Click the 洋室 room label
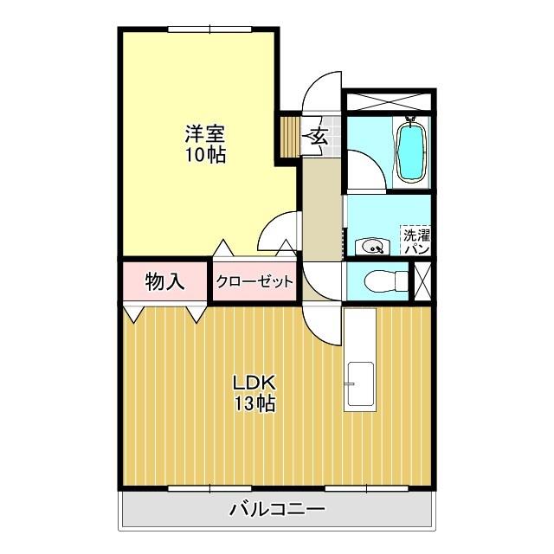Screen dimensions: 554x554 (205, 134)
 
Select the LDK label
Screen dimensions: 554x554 (253, 382)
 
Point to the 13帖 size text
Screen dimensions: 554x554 (253, 403)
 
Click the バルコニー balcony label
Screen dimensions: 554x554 (277, 509)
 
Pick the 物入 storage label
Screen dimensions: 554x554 (164, 280)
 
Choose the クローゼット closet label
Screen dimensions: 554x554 (254, 281)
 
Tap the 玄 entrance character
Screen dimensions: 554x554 (318, 136)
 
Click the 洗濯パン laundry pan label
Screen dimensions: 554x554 (416, 241)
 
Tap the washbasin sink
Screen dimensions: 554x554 (374, 247)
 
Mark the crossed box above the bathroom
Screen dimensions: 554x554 (388, 99)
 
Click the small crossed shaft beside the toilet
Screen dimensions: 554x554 (422, 280)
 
